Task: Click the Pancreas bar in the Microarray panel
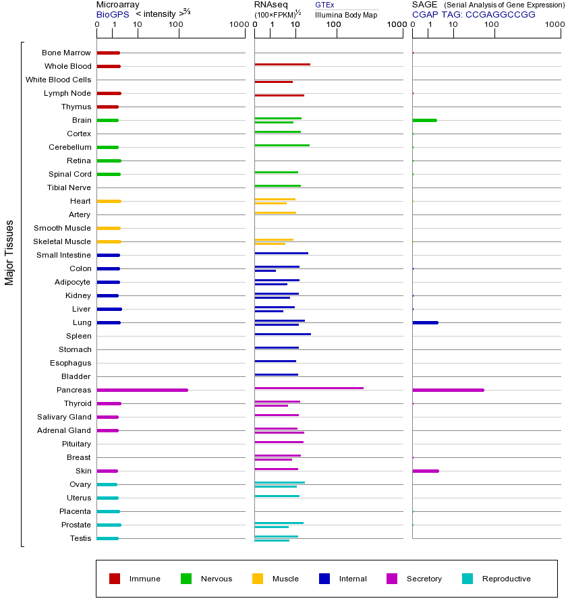142,390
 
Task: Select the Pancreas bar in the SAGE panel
448,390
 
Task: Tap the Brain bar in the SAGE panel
424,120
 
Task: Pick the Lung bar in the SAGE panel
425,322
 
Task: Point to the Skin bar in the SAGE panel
425,471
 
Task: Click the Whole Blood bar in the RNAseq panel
282,65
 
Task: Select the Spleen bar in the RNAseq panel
283,334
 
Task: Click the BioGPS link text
110,14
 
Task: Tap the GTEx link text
324,5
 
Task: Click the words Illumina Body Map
346,15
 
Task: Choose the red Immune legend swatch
115,579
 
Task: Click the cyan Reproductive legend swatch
467,579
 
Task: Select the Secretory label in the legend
424,579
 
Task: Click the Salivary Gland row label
64,417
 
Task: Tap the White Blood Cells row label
58,80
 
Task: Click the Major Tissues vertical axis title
9,252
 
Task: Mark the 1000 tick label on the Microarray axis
238,25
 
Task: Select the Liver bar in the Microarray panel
109,309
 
